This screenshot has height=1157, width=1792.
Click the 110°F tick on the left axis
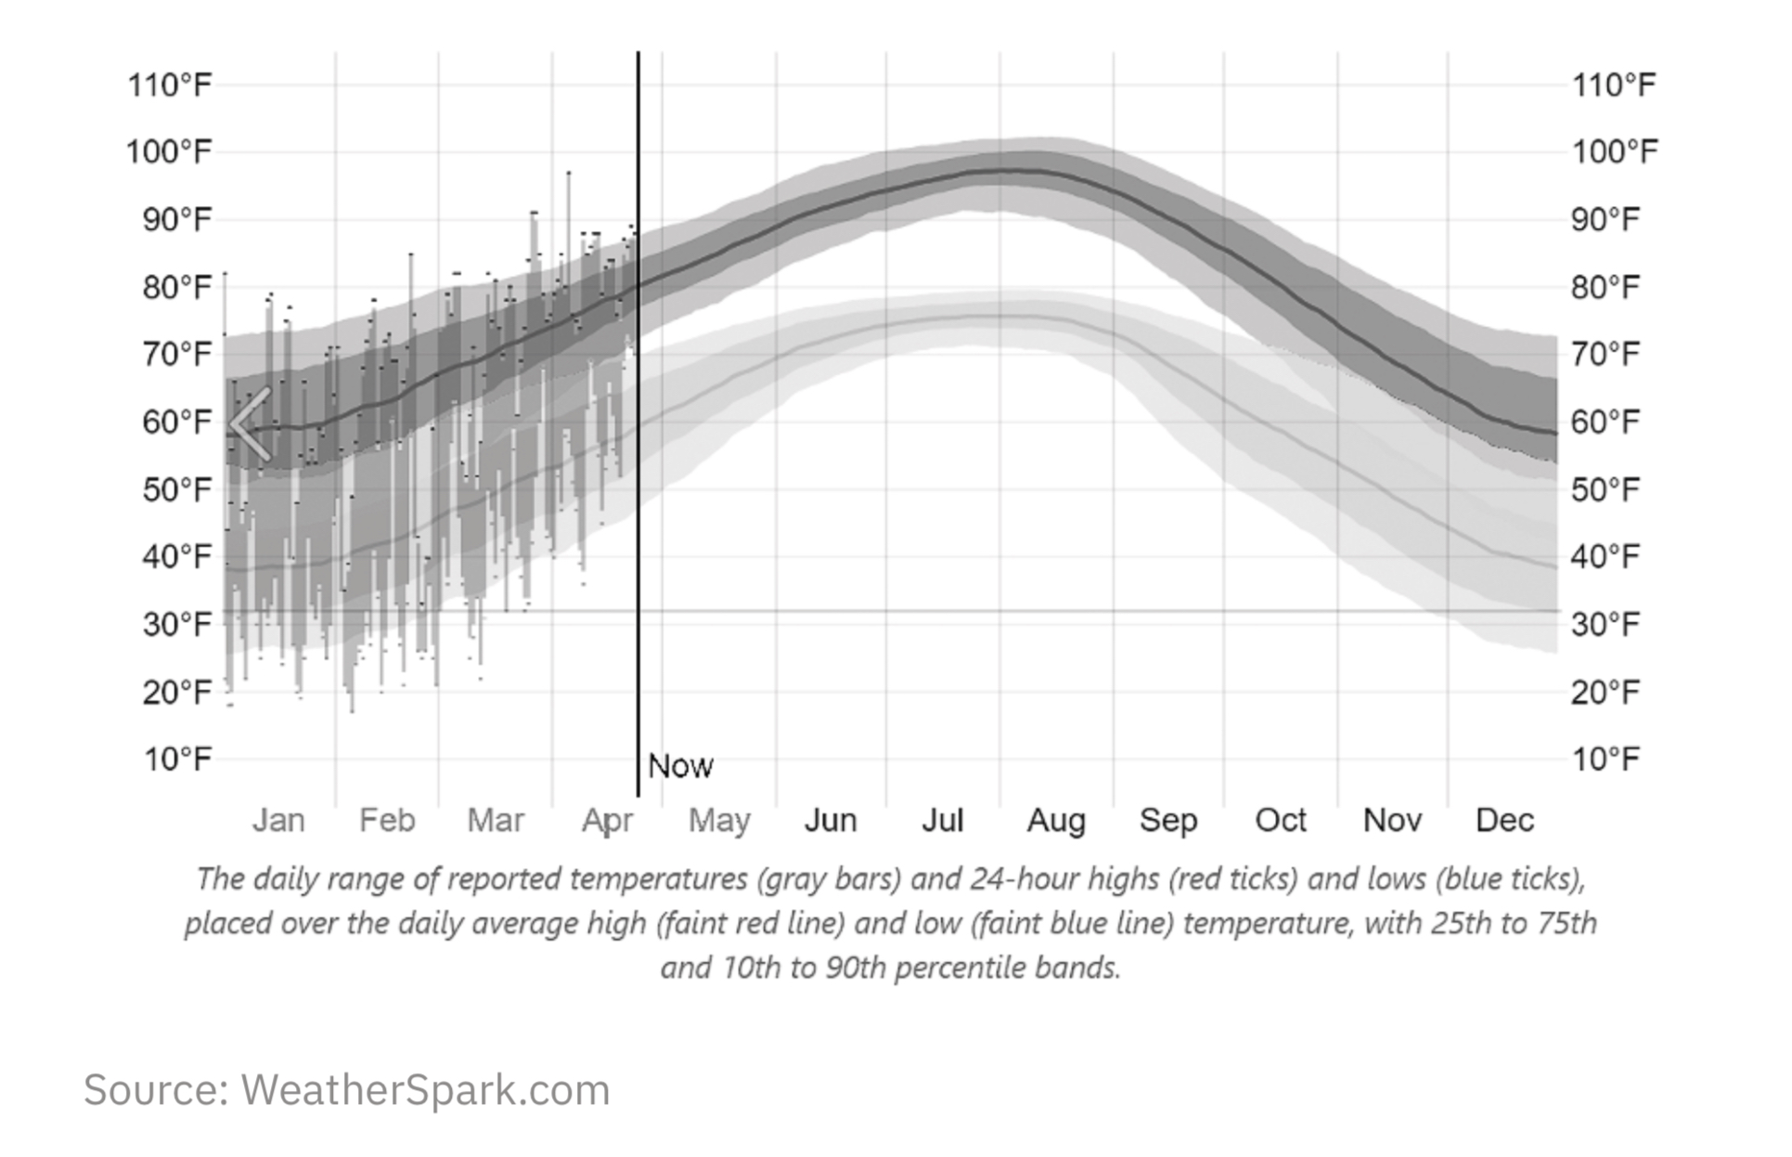(x=170, y=85)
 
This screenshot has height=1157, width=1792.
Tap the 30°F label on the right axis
(x=1605, y=624)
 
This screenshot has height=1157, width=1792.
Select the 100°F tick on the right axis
(x=1615, y=151)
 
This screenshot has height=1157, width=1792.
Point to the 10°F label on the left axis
(x=177, y=759)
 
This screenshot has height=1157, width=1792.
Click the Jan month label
(x=278, y=820)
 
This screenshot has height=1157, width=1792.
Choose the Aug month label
(x=1056, y=820)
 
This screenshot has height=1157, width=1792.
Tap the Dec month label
(x=1504, y=820)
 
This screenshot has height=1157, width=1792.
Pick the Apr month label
(x=608, y=821)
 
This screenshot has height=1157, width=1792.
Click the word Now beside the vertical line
(x=680, y=766)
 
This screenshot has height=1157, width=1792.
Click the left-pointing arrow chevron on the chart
(x=251, y=424)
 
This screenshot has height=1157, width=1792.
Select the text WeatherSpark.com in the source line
(x=426, y=1090)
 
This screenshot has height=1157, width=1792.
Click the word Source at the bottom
(x=156, y=1090)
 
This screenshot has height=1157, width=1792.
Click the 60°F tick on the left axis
(x=177, y=422)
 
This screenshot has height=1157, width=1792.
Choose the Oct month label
(x=1281, y=820)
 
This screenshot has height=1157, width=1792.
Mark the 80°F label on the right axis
(x=1605, y=287)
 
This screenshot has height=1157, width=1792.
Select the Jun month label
(x=831, y=820)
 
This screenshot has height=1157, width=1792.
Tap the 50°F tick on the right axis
(x=1605, y=489)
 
